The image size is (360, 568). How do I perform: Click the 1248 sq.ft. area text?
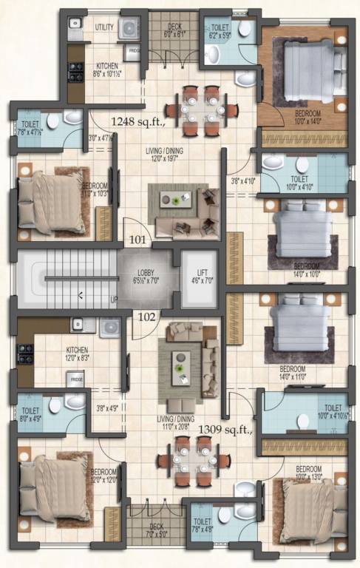pos(139,119)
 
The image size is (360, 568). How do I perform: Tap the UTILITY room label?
pos(104,27)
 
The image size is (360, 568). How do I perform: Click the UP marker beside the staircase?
pos(113,300)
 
